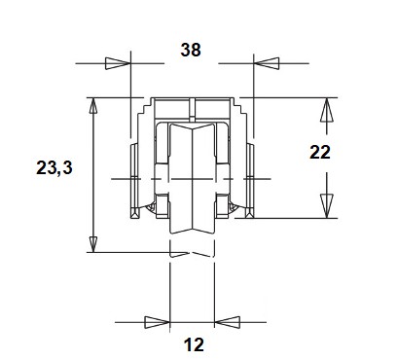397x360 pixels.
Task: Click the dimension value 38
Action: pyautogui.click(x=191, y=50)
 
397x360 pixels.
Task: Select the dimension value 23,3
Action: pyautogui.click(x=54, y=167)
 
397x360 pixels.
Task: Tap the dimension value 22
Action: pyautogui.click(x=320, y=152)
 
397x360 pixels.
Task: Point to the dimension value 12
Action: pyautogui.click(x=194, y=344)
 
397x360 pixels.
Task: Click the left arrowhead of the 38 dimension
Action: pyautogui.click(x=118, y=63)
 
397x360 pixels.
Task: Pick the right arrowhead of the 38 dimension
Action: pyautogui.click(x=267, y=63)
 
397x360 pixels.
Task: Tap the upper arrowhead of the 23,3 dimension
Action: pyautogui.click(x=93, y=105)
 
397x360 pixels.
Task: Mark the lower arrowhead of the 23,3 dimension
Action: pyautogui.click(x=93, y=244)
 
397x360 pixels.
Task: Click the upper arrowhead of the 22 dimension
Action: pyautogui.click(x=327, y=110)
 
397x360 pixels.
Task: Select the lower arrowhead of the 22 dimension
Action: pyautogui.click(x=327, y=206)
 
